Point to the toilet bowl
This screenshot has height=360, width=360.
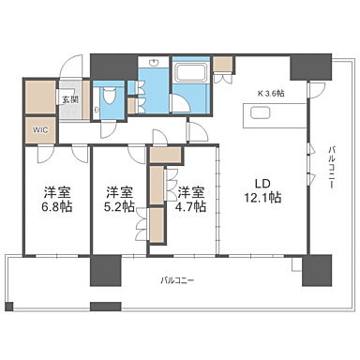pos(109,97)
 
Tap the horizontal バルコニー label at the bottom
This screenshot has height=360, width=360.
pos(178,279)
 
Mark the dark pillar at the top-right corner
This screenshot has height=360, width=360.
pos(310,66)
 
